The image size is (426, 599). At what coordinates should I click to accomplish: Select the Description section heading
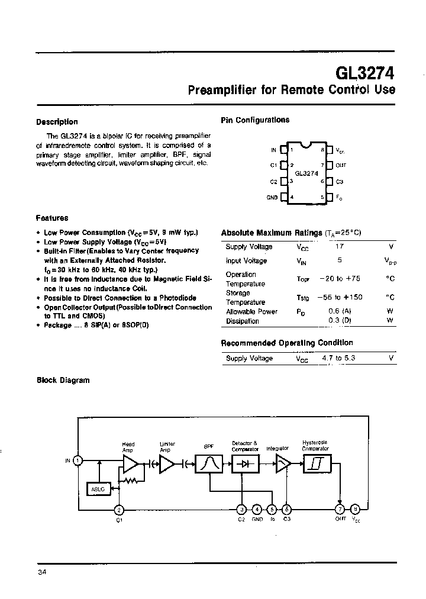57,122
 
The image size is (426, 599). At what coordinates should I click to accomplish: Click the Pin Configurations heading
255,120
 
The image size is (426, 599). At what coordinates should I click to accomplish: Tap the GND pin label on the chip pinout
272,197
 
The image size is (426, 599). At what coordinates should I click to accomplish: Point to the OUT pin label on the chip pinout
341,166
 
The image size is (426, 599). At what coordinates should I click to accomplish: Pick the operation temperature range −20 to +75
340,279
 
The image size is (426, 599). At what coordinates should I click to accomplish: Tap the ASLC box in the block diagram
98,489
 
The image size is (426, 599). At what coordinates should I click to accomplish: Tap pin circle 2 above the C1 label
119,509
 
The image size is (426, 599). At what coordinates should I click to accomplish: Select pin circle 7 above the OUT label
340,508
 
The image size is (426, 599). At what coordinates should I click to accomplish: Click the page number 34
41,572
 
